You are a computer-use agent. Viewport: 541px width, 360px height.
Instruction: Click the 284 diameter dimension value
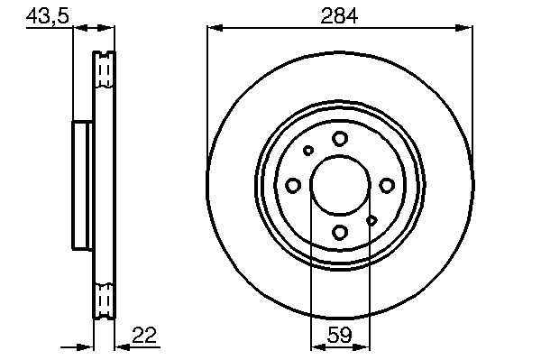tap(339, 16)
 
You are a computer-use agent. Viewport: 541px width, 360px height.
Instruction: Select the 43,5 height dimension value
tap(48, 16)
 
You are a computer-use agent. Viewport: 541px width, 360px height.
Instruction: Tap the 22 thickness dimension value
tap(144, 335)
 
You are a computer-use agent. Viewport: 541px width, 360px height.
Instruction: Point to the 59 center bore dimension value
tap(340, 335)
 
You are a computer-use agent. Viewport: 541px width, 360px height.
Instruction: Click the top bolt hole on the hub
tap(340, 139)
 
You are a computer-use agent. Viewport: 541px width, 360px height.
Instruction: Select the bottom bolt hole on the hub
tap(340, 232)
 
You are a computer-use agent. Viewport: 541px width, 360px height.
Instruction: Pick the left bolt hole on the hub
tap(293, 185)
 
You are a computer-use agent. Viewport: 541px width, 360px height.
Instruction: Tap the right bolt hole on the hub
tap(387, 185)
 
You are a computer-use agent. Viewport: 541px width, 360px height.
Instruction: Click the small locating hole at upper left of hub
tap(308, 151)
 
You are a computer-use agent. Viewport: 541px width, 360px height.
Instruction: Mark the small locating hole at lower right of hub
tap(371, 220)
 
